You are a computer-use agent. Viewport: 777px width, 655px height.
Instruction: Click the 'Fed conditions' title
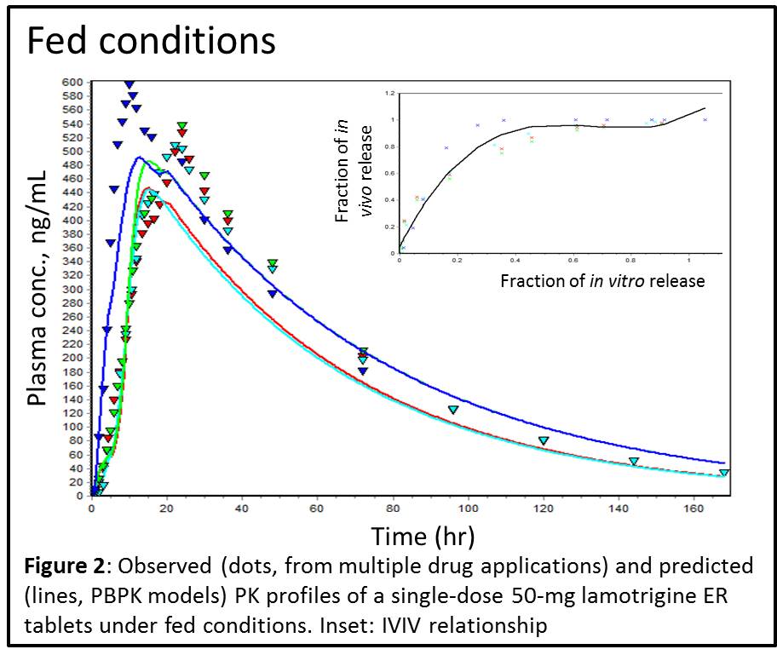click(152, 40)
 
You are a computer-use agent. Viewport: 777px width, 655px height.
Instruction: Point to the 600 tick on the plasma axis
click(72, 82)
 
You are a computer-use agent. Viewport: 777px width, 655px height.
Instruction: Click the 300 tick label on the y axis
click(72, 289)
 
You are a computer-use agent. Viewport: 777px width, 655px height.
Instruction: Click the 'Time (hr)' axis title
click(423, 536)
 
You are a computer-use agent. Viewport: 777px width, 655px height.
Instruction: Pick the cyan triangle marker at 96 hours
click(453, 410)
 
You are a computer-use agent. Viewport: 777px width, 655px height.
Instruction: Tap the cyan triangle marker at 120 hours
click(544, 440)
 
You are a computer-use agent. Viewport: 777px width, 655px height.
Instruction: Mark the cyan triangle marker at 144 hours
click(634, 462)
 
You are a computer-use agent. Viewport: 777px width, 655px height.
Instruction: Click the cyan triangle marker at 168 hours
click(723, 473)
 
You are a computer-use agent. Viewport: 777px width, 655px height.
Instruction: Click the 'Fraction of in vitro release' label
click(602, 280)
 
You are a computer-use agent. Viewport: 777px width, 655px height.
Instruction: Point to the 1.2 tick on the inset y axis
click(390, 93)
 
